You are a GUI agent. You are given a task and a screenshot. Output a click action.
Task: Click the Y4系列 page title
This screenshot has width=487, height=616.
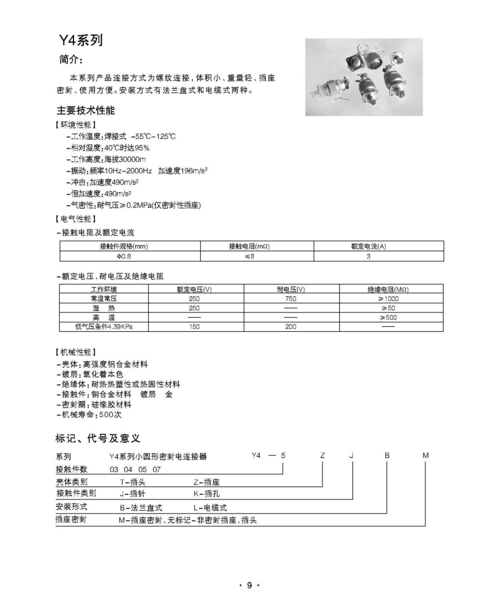[81, 40]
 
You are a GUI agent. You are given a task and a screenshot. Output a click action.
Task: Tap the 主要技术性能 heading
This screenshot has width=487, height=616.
[86, 110]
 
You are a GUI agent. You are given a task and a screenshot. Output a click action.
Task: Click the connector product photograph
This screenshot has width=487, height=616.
[364, 77]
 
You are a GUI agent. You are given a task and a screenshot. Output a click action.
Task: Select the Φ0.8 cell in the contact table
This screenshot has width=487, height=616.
[124, 256]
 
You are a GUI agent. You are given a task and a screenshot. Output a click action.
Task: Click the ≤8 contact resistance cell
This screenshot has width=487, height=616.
[250, 256]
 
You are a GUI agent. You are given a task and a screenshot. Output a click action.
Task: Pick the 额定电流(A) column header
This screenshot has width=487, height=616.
[368, 246]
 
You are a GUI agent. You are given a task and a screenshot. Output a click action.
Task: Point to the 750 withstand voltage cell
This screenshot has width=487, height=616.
[291, 299]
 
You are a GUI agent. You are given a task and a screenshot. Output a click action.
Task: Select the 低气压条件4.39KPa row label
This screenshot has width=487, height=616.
[104, 327]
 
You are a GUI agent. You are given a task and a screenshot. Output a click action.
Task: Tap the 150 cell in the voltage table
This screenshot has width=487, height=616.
[194, 327]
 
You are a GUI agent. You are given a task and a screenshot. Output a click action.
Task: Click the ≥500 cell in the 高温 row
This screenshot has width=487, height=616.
[388, 317]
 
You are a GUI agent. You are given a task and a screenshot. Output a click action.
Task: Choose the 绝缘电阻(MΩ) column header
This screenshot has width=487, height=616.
[388, 289]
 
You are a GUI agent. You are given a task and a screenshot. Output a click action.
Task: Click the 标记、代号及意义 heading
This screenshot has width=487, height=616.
[98, 438]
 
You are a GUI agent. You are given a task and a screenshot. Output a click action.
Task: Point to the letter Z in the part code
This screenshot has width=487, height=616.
[323, 456]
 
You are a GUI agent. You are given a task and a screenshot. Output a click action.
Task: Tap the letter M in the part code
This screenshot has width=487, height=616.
[425, 456]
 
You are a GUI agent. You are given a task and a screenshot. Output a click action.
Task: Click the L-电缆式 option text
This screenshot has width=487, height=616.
[210, 508]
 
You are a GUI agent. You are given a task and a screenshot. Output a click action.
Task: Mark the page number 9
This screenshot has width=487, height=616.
[249, 585]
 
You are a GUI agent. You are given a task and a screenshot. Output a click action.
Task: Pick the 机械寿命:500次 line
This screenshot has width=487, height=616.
[89, 415]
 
